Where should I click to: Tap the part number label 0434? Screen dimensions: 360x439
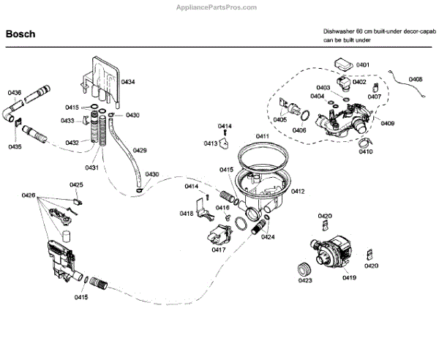click(x=127, y=81)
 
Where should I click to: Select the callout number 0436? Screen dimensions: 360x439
click(x=15, y=93)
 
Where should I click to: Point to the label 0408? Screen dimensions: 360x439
click(x=416, y=79)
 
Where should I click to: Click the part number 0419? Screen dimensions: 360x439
click(x=348, y=278)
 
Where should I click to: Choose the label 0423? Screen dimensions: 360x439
click(x=305, y=280)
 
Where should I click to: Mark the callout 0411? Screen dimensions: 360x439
click(x=262, y=137)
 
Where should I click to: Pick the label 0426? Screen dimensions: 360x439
click(x=29, y=195)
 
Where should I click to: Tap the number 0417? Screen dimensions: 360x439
click(x=218, y=250)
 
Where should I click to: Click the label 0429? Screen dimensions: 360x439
click(x=140, y=151)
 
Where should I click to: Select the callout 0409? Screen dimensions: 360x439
click(x=387, y=124)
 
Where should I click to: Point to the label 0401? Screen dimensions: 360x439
click(x=363, y=65)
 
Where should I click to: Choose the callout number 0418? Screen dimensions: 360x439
click(x=187, y=214)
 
